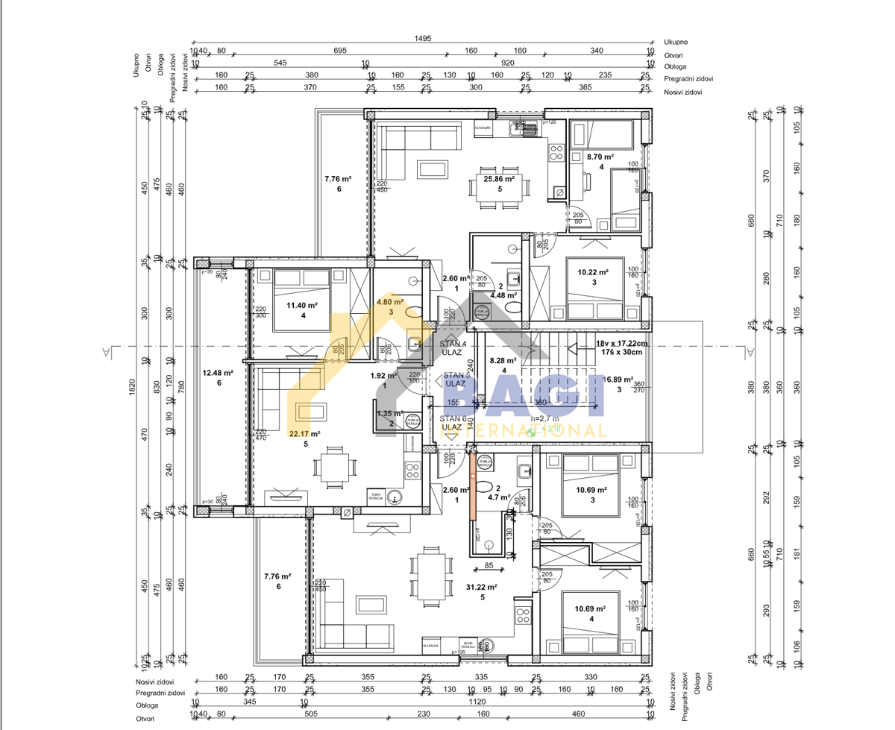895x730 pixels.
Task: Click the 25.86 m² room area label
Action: (x=499, y=179)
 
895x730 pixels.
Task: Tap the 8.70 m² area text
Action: (x=599, y=157)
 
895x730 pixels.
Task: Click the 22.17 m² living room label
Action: (x=305, y=433)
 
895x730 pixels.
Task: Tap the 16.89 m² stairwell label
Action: (x=618, y=379)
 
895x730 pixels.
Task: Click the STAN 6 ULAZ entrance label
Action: (x=453, y=423)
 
